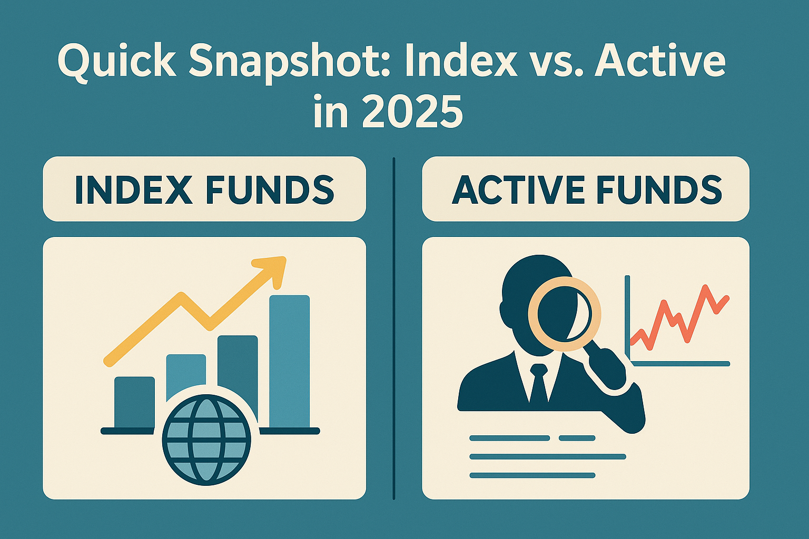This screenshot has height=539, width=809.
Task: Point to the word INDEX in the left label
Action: pos(133,190)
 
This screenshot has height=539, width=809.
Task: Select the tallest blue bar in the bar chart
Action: pos(290,362)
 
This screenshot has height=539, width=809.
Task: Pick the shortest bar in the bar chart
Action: pos(134,402)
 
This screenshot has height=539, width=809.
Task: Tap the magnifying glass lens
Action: pos(564,314)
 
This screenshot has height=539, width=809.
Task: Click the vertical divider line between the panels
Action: pos(393,328)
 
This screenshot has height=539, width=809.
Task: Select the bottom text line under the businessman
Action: pos(532,475)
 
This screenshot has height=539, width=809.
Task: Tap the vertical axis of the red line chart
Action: pos(627,320)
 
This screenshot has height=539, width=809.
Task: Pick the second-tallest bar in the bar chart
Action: pos(238,378)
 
